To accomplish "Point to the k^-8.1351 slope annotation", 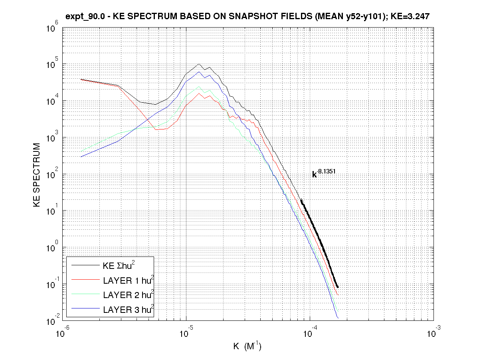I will pos(324,174).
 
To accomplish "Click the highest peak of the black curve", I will pos(199,64).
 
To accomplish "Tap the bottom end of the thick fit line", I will pos(338,287).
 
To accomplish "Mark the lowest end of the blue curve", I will pos(338,318).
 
